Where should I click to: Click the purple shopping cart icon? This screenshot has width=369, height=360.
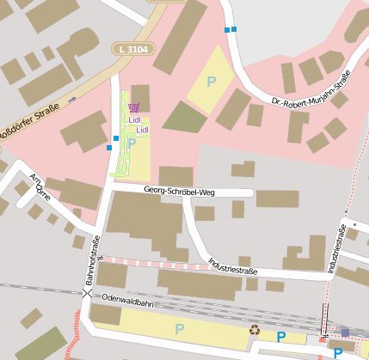[x=133, y=107]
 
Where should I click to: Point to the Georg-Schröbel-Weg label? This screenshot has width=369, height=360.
[x=179, y=192]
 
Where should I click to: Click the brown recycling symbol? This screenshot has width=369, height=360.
[x=255, y=329]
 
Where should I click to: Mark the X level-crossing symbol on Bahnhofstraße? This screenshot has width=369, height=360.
[x=87, y=294]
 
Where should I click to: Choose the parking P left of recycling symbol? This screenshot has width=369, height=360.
[x=179, y=328]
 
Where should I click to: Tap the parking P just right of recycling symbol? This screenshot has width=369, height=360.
[x=280, y=336]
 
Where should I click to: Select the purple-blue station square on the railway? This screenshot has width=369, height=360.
[x=345, y=333]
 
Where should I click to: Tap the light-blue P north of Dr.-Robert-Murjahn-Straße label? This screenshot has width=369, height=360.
[x=211, y=82]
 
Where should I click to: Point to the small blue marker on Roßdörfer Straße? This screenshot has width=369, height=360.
[x=72, y=99]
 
